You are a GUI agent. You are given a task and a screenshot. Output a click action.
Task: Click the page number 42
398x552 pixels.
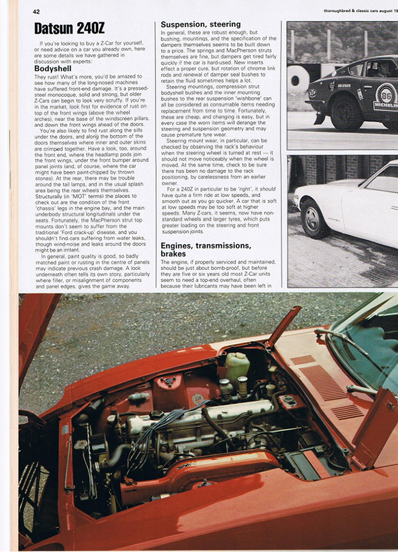36,12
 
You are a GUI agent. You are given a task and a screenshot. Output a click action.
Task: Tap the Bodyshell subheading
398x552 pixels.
53,69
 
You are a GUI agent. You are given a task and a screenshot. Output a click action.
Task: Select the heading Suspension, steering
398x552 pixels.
200,24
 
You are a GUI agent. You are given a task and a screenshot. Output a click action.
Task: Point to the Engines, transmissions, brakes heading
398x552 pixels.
206,250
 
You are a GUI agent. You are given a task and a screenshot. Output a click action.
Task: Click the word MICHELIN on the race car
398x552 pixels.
386,106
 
